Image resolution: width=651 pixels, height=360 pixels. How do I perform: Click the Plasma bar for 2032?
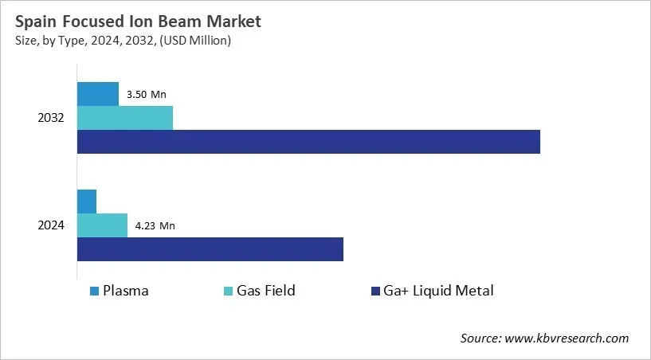(x=97, y=94)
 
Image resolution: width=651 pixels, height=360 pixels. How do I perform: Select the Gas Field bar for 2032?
(x=124, y=118)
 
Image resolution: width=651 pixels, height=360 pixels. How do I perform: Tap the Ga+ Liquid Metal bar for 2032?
(x=308, y=142)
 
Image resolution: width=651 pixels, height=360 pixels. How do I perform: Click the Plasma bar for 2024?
(x=86, y=202)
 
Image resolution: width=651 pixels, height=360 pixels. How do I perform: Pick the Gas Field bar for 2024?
(x=102, y=225)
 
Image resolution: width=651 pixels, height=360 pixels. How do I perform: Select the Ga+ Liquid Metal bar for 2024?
(x=210, y=249)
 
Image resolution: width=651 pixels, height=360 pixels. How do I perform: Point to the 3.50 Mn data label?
(x=147, y=94)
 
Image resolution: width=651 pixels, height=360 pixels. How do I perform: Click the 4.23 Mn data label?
(x=155, y=225)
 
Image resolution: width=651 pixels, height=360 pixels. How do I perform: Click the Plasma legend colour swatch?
(x=95, y=291)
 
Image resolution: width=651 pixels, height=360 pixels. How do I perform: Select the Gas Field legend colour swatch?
(x=229, y=291)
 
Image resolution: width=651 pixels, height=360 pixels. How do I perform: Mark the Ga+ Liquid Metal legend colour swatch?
(x=375, y=291)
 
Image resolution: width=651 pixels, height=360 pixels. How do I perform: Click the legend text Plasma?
(x=126, y=291)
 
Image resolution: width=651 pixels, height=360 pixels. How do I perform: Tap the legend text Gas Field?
(x=265, y=291)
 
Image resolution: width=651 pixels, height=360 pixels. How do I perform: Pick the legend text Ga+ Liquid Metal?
(x=438, y=291)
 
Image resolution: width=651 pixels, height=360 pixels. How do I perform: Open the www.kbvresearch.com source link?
(x=567, y=338)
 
